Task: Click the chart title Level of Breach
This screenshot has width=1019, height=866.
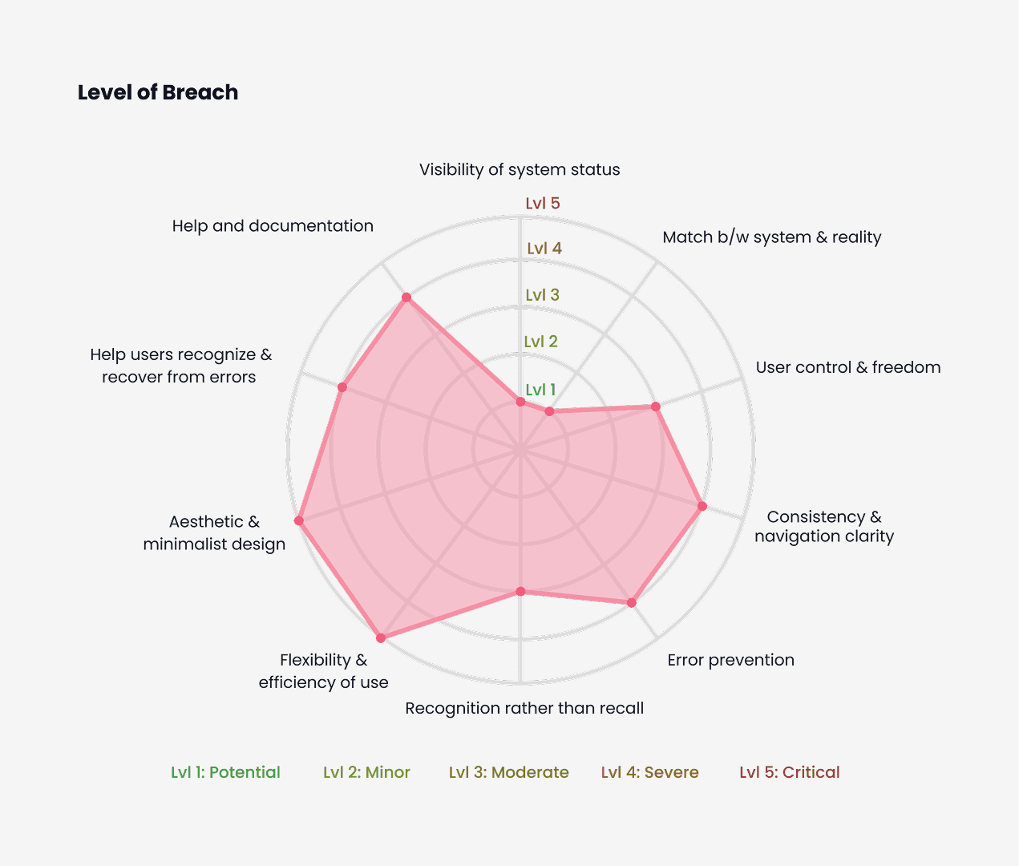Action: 158,92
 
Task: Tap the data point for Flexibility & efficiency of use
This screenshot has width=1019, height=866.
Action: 381,638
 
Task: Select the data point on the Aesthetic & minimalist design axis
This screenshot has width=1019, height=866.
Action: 299,521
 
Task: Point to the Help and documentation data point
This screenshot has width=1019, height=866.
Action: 406,297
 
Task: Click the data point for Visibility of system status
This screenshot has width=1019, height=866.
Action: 520,402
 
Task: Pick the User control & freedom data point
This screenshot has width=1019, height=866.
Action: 655,407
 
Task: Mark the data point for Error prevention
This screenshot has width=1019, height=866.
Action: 631,602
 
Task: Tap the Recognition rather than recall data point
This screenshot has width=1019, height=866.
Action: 520,592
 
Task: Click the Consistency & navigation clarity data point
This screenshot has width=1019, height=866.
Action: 702,506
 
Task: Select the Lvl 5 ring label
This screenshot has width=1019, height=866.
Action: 543,204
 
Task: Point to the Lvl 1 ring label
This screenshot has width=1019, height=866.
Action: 540,390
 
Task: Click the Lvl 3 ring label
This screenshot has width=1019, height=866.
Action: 543,295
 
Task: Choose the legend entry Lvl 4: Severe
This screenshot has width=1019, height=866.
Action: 649,772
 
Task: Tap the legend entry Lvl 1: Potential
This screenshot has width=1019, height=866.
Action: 225,772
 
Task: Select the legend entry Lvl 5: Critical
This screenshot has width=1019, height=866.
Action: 790,772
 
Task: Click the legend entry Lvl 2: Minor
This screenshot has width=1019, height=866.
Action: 366,772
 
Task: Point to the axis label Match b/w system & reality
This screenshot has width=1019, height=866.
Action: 771,237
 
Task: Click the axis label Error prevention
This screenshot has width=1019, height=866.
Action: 730,660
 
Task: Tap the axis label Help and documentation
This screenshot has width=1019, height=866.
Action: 273,226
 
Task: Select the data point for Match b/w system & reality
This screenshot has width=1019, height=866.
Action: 549,411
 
